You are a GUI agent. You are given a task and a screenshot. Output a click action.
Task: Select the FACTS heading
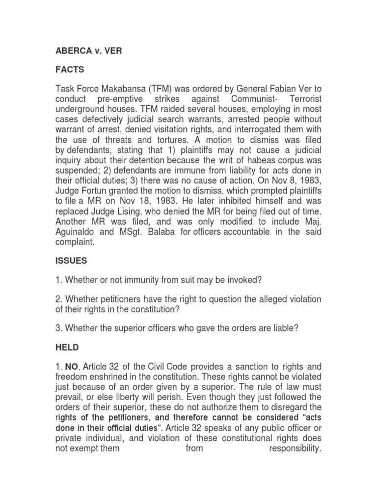70,70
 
